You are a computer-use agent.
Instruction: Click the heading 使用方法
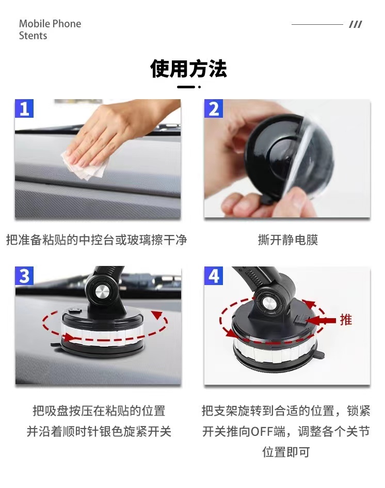coord(189,69)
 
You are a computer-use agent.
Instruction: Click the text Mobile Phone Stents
coord(50,29)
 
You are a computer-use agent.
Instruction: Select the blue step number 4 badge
coord(214,276)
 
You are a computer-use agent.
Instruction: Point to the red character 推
coord(345,320)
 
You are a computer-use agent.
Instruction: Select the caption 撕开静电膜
coord(288,240)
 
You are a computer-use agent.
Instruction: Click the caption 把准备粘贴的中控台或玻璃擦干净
coord(97,240)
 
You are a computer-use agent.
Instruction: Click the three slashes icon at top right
coord(355,24)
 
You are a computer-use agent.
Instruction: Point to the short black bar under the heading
coord(186,87)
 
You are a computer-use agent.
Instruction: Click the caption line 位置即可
coord(286,452)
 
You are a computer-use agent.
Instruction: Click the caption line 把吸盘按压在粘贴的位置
coord(99,411)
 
